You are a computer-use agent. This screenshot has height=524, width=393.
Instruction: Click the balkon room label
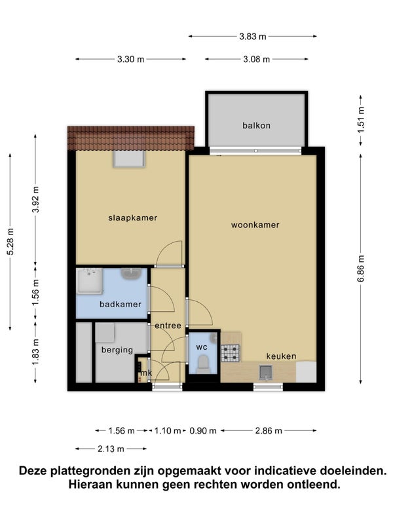(256, 126)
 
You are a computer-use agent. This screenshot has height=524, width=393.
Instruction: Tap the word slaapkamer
(133, 218)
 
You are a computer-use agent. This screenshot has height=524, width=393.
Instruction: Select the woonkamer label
(255, 225)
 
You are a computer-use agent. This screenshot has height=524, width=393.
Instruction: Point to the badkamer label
(121, 304)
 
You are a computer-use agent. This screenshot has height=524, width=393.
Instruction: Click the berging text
(117, 350)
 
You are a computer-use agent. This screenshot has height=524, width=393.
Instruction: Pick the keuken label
(282, 356)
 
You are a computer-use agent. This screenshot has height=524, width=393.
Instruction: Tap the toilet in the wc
(203, 364)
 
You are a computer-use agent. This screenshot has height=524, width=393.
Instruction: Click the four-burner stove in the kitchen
(231, 353)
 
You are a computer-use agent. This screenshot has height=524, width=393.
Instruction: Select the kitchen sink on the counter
(266, 373)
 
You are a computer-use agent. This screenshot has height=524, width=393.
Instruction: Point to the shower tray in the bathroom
(90, 281)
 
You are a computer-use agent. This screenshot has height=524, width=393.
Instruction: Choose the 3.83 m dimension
(253, 37)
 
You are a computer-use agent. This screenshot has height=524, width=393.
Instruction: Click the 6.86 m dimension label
(361, 269)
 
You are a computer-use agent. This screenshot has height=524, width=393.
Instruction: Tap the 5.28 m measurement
(10, 242)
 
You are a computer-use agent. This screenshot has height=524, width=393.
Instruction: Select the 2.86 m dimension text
(269, 431)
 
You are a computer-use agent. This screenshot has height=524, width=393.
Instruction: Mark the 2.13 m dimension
(111, 449)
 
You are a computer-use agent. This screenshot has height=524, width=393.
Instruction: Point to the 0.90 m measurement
(203, 431)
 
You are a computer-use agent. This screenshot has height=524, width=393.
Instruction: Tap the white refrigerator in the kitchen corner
(306, 372)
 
